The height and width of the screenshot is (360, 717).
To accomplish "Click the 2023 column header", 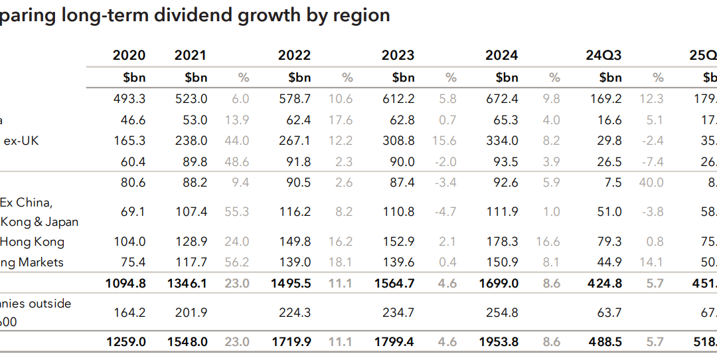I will pos(398,55).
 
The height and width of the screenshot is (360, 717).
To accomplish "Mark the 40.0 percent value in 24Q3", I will pos(651,183).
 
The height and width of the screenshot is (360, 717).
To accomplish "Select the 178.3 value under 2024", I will pos(502,242).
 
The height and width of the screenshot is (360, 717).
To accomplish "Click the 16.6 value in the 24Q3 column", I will pos(609,120).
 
